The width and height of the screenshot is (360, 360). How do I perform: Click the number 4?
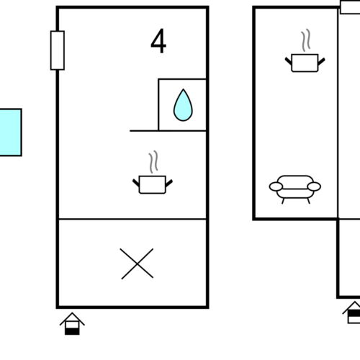click(158, 41)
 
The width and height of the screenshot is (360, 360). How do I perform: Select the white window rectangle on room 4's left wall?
click(58, 50)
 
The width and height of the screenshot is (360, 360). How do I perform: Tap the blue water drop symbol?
click(183, 105)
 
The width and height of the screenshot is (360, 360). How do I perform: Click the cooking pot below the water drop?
click(153, 184)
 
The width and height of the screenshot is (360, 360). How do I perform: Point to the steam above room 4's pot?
click(153, 162)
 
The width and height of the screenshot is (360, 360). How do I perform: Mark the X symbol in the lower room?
click(137, 264)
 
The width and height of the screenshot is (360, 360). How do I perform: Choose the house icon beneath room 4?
click(72, 323)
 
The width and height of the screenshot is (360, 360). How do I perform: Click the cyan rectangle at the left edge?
click(11, 132)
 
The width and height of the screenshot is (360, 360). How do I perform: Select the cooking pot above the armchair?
click(305, 63)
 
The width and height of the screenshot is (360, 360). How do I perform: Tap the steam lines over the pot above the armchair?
click(306, 40)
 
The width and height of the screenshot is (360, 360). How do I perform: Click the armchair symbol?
click(295, 189)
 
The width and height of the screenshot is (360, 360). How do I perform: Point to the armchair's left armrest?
click(276, 186)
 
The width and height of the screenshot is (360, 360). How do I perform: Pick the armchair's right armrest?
click(314, 186)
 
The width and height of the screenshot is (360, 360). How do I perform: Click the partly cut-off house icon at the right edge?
click(352, 312)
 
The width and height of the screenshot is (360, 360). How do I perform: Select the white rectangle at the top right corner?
click(350, 7)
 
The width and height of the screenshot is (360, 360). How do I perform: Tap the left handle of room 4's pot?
click(136, 183)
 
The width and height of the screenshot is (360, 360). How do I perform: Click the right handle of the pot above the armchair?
click(321, 61)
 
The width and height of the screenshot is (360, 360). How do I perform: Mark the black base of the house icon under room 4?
click(72, 331)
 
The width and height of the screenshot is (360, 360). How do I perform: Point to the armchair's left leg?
click(283, 201)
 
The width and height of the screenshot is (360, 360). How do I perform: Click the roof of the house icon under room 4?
click(72, 318)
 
